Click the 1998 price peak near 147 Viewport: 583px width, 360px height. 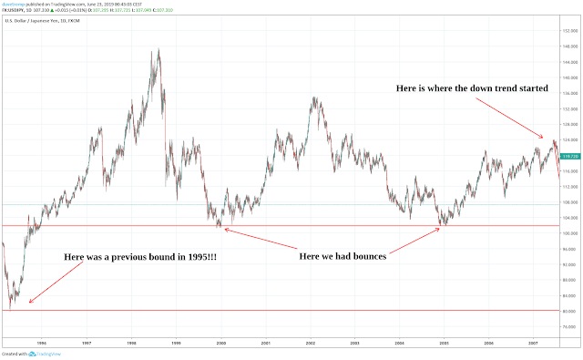point(159,51)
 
